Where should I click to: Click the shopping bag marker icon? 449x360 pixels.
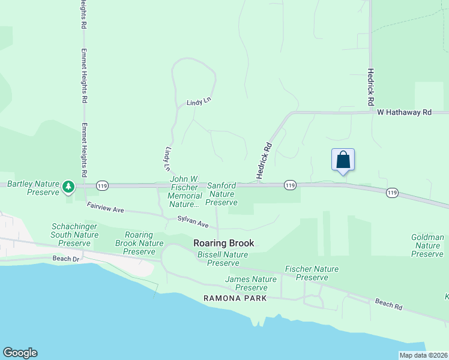[343, 160]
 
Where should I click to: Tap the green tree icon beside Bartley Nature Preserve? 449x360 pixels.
[69, 187]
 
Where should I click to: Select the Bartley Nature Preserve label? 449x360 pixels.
[33, 188]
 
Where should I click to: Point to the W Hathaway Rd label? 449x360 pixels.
[404, 112]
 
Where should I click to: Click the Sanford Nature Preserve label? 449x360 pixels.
[221, 194]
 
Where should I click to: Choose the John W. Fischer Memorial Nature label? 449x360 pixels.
[185, 192]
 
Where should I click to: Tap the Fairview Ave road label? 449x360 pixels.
[105, 208]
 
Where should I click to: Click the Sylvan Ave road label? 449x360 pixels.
[193, 221]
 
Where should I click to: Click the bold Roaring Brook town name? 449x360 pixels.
[224, 243]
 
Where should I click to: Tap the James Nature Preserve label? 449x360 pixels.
[251, 283]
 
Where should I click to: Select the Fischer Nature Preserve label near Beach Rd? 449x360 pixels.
[312, 273]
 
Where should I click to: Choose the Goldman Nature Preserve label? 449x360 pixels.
[427, 245]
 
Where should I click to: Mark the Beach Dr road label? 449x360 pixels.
[66, 259]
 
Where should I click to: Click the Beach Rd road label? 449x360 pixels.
[388, 304]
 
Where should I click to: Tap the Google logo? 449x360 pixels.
[20, 353]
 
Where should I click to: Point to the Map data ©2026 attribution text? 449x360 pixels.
[424, 355]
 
